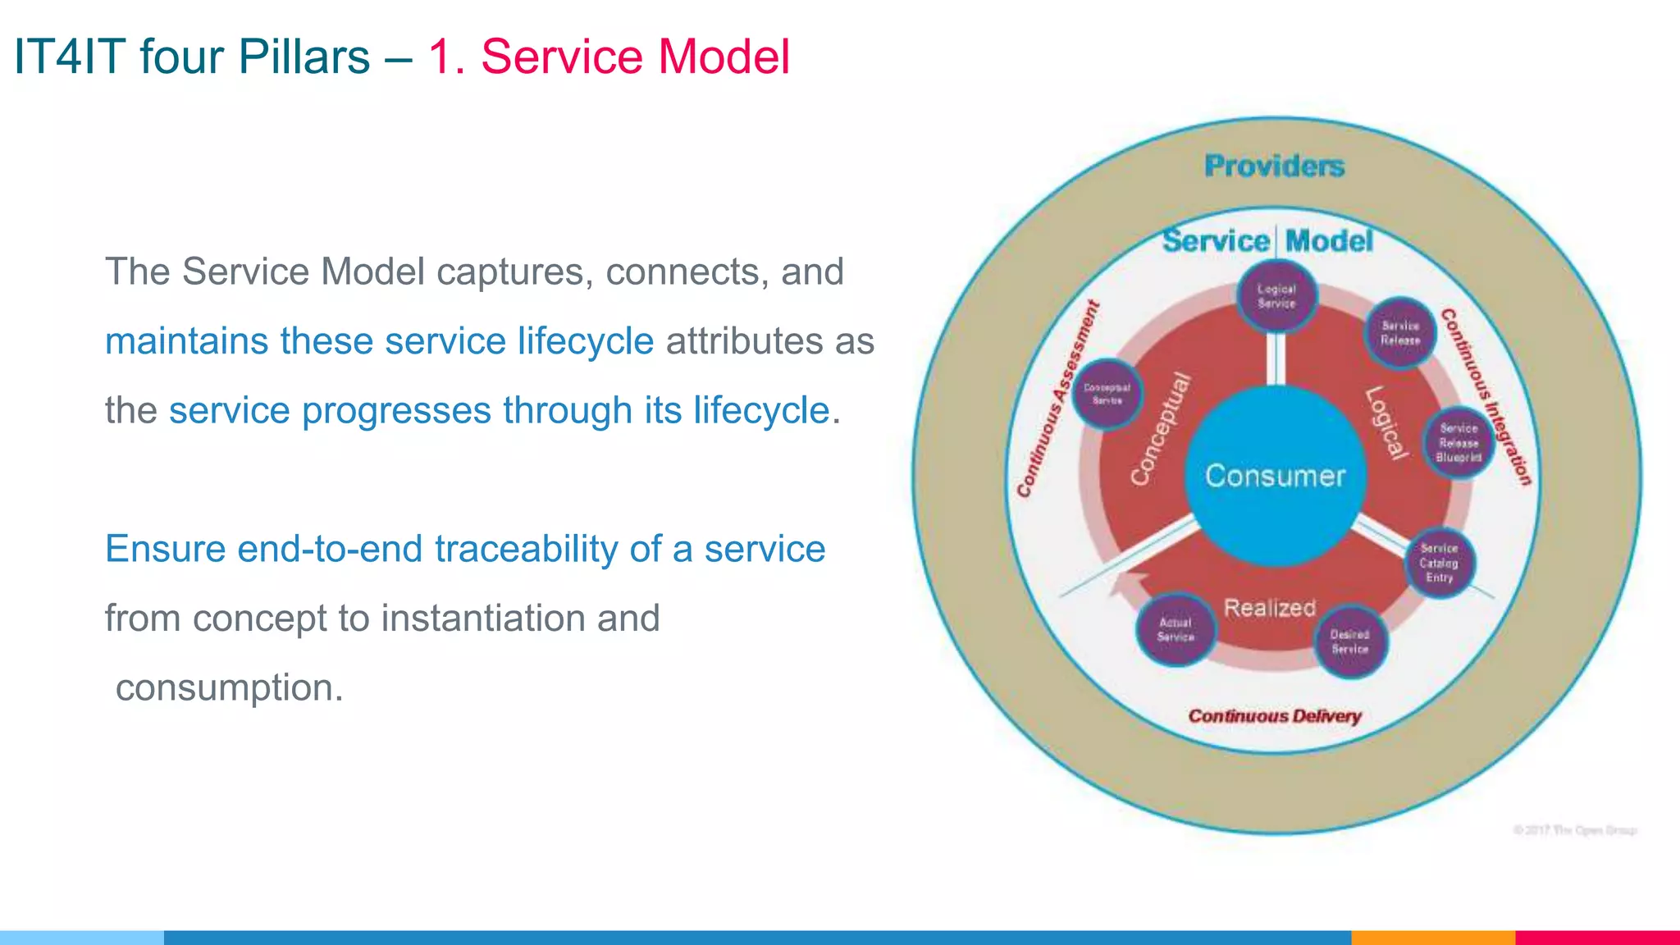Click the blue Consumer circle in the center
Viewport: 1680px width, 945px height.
[1275, 476]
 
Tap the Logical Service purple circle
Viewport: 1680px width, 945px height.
[1276, 296]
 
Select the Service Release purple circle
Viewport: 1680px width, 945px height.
[1399, 333]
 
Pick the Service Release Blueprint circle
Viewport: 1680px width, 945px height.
[1459, 443]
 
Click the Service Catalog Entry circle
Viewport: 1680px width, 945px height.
[1439, 563]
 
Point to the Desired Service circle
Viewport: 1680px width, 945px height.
[1349, 641]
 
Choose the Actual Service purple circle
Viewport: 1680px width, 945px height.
[1176, 630]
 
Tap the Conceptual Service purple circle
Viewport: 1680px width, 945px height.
[1107, 395]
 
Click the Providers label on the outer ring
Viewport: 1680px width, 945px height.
[1274, 167]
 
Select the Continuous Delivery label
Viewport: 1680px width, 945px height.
[1274, 716]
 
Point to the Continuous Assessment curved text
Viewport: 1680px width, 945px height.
[1057, 400]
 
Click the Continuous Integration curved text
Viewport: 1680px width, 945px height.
[1486, 397]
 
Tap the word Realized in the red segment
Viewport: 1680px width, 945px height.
[1269, 608]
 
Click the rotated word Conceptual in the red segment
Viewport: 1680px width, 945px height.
[1160, 428]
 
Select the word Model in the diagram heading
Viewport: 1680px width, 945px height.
[1329, 241]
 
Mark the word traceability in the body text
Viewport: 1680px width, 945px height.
[526, 549]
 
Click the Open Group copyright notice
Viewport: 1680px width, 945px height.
[1575, 830]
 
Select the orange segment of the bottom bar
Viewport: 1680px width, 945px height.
[1432, 937]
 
